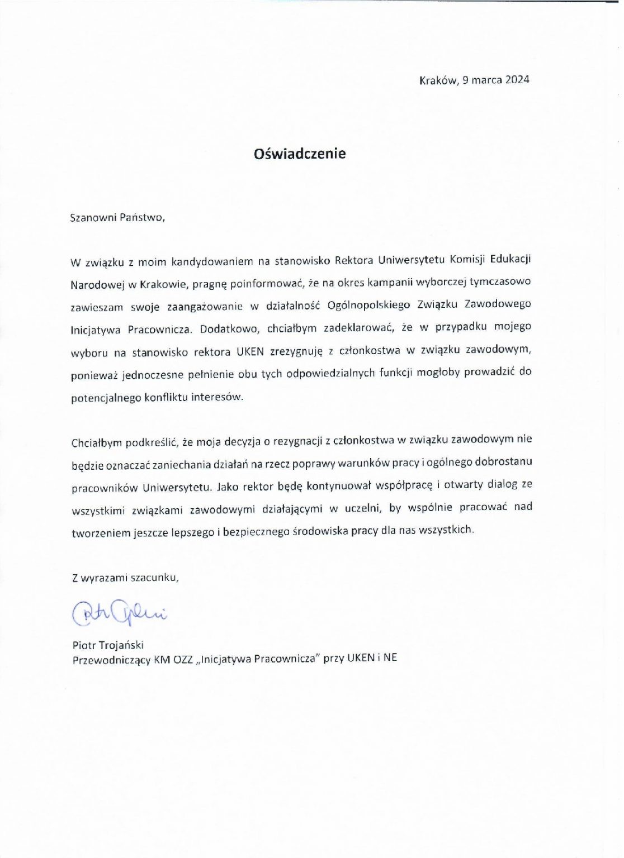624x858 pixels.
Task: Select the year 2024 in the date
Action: click(517, 79)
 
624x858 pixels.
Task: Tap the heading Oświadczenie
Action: click(300, 154)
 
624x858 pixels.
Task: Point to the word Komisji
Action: click(468, 260)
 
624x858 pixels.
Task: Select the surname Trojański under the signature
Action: click(121, 645)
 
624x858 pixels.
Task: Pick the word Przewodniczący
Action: click(111, 660)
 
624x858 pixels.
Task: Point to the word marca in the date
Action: click(486, 79)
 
